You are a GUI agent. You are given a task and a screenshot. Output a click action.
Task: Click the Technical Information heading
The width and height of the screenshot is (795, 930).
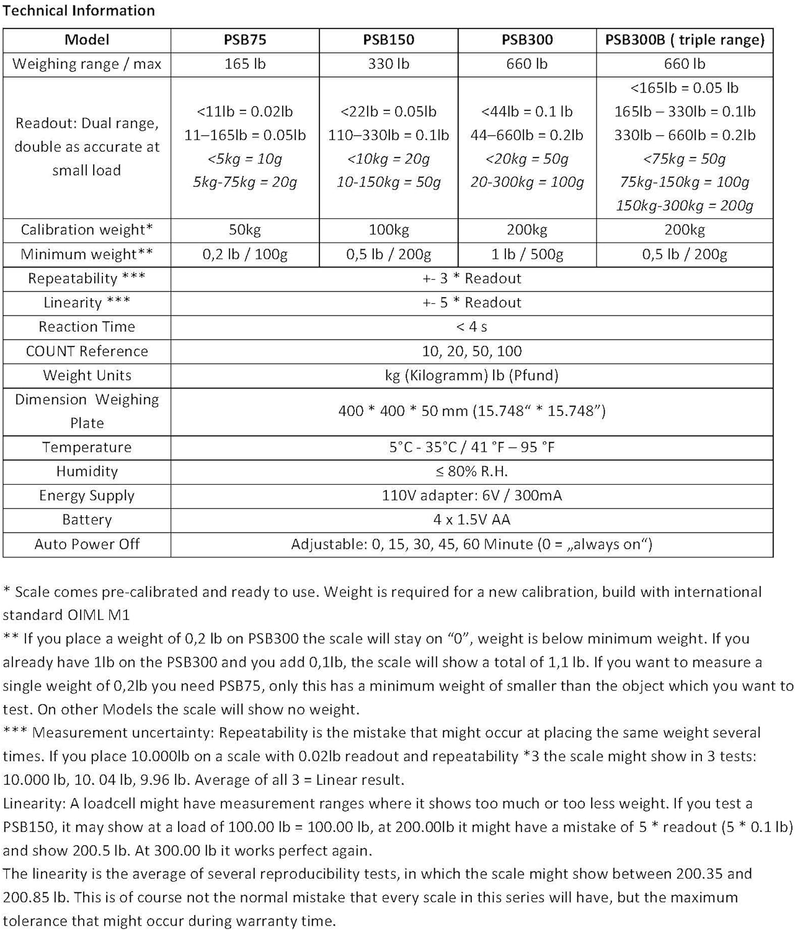pyautogui.click(x=79, y=11)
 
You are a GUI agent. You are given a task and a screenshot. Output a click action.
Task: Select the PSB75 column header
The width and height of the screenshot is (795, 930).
pyautogui.click(x=245, y=40)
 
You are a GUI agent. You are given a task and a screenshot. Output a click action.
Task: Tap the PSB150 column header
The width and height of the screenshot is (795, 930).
pyautogui.click(x=389, y=40)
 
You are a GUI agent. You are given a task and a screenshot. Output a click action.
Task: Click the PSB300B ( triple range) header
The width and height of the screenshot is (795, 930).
pyautogui.click(x=685, y=40)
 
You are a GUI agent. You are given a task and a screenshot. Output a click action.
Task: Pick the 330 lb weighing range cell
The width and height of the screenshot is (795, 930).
pyautogui.click(x=389, y=64)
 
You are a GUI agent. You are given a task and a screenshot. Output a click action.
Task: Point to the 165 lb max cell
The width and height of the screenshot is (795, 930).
pyautogui.click(x=245, y=64)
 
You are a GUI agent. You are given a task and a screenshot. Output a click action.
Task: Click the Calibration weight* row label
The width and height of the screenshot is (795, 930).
pyautogui.click(x=87, y=230)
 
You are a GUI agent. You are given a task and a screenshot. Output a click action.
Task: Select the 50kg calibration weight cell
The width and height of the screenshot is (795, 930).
pyautogui.click(x=245, y=230)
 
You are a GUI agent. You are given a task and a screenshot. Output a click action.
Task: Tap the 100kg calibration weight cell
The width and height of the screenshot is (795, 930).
pyautogui.click(x=389, y=230)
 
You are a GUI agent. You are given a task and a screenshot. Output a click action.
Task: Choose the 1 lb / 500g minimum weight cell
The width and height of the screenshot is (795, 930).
pyautogui.click(x=527, y=254)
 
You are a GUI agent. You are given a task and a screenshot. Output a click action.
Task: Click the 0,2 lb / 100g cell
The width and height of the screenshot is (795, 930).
pyautogui.click(x=245, y=254)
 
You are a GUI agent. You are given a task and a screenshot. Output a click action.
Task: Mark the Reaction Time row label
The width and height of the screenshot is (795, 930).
pyautogui.click(x=87, y=327)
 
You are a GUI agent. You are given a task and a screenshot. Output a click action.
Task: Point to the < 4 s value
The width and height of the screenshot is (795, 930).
pyautogui.click(x=472, y=327)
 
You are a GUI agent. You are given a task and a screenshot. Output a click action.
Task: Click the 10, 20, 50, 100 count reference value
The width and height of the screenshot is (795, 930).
pyautogui.click(x=472, y=351)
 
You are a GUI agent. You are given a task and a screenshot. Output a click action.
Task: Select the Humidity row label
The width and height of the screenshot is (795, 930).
pyautogui.click(x=87, y=471)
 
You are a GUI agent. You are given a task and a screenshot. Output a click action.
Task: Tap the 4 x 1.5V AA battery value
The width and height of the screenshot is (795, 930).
pyautogui.click(x=472, y=520)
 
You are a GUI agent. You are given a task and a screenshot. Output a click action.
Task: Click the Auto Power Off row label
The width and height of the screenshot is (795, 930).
pyautogui.click(x=87, y=544)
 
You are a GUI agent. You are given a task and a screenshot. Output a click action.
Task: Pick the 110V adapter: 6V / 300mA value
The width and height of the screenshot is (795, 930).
pyautogui.click(x=472, y=495)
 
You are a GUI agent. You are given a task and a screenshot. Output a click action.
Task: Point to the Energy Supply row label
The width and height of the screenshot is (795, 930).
pyautogui.click(x=87, y=495)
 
